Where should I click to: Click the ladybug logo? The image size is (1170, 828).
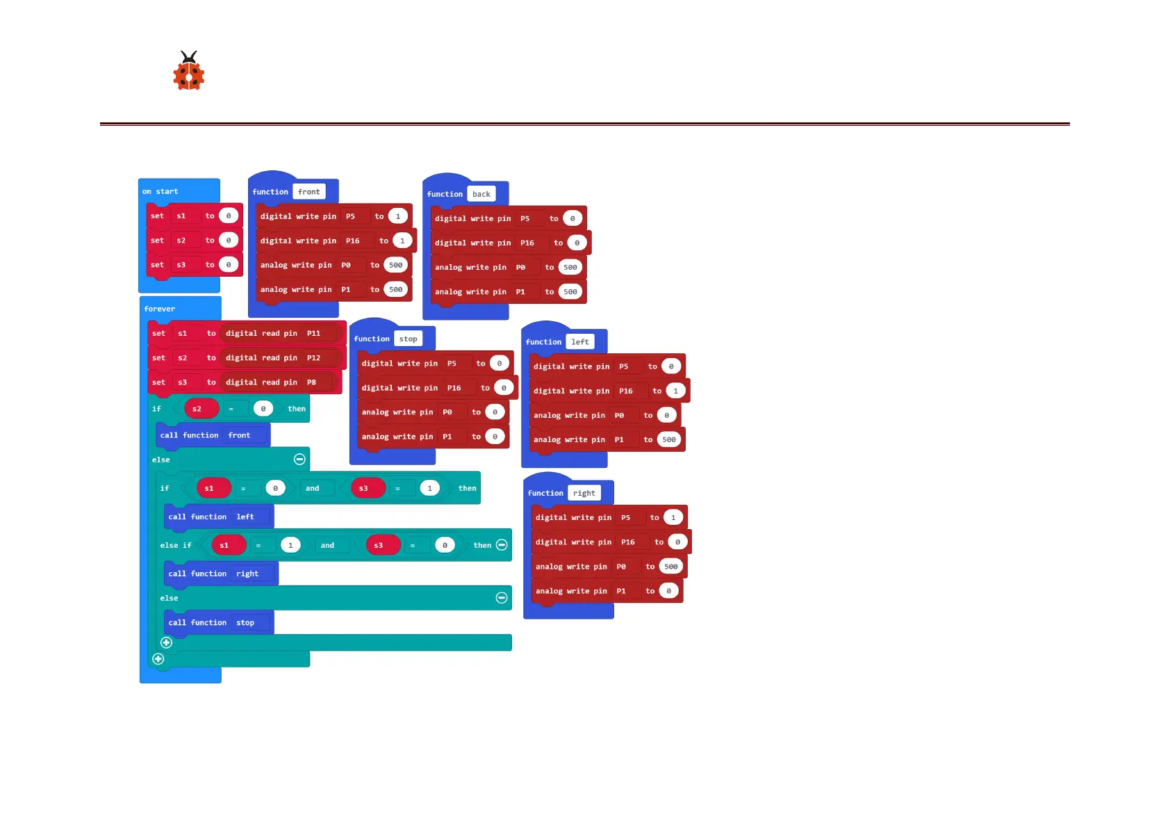pyautogui.click(x=188, y=71)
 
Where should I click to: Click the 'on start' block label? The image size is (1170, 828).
pyautogui.click(x=160, y=191)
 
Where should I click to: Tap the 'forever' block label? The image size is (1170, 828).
pyautogui.click(x=160, y=309)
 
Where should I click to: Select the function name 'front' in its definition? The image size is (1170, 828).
pyautogui.click(x=309, y=192)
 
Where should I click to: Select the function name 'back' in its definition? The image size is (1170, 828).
pyautogui.click(x=481, y=194)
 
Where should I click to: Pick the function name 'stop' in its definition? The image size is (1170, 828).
pyautogui.click(x=409, y=339)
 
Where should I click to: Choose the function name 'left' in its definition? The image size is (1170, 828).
pyautogui.click(x=580, y=342)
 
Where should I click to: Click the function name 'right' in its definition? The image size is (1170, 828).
pyautogui.click(x=584, y=493)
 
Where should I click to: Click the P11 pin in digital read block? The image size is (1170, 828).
pyautogui.click(x=314, y=333)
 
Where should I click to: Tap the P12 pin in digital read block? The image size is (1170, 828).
pyautogui.click(x=314, y=358)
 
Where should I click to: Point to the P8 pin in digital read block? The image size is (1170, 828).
pyautogui.click(x=312, y=382)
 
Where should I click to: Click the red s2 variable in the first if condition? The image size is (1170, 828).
pyautogui.click(x=197, y=409)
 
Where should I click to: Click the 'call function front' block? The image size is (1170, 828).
pyautogui.click(x=206, y=435)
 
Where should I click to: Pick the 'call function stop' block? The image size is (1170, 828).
pyautogui.click(x=211, y=622)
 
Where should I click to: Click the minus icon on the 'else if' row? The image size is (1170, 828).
pyautogui.click(x=502, y=545)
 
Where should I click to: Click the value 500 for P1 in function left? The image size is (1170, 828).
pyautogui.click(x=669, y=439)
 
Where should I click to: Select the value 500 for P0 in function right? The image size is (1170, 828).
pyautogui.click(x=671, y=567)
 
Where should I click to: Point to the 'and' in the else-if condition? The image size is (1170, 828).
pyautogui.click(x=327, y=545)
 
